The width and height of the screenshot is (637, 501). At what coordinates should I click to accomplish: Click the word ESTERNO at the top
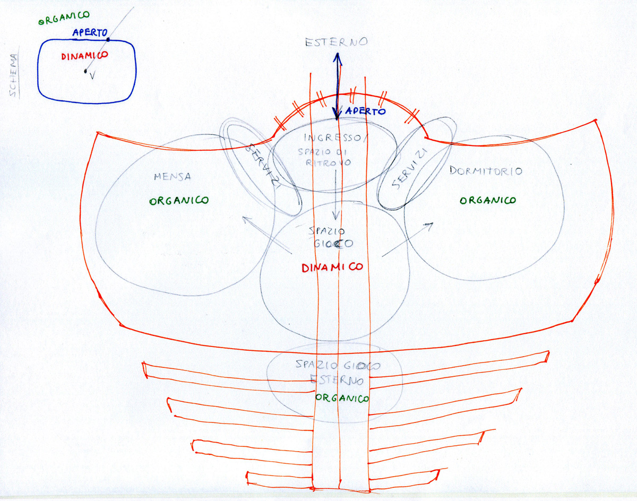click(335, 42)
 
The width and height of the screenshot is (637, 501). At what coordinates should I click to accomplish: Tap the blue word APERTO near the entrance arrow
click(365, 111)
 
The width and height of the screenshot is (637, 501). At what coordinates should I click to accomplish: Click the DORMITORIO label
click(485, 171)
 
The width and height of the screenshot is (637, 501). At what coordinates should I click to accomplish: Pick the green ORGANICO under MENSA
click(179, 201)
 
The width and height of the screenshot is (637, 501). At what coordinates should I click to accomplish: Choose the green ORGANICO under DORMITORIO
click(487, 200)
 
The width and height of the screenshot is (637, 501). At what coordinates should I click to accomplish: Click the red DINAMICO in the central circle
click(332, 267)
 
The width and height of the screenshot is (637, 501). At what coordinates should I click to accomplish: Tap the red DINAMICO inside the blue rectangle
click(85, 55)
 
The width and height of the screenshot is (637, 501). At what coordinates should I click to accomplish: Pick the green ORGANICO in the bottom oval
click(342, 398)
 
